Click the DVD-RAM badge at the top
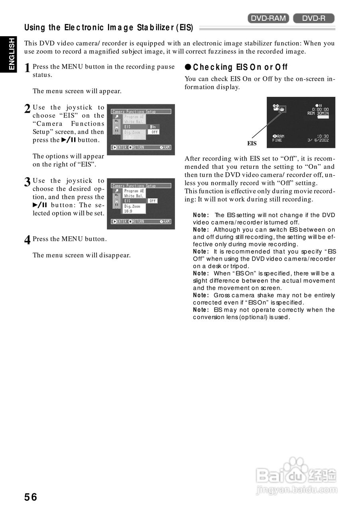coord(268,18)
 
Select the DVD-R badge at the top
coord(314,18)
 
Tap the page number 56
coord(31,497)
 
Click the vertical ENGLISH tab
coord(11,54)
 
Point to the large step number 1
coord(27,68)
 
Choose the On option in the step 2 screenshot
coord(154,127)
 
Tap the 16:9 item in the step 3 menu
coord(128,211)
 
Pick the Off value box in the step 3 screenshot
coord(152,201)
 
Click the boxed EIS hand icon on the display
coord(282,108)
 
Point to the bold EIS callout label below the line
coord(252,143)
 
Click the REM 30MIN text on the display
coord(319,113)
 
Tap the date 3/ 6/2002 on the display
coord(319,140)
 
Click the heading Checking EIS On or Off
coord(236,67)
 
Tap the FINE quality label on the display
coord(277,140)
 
